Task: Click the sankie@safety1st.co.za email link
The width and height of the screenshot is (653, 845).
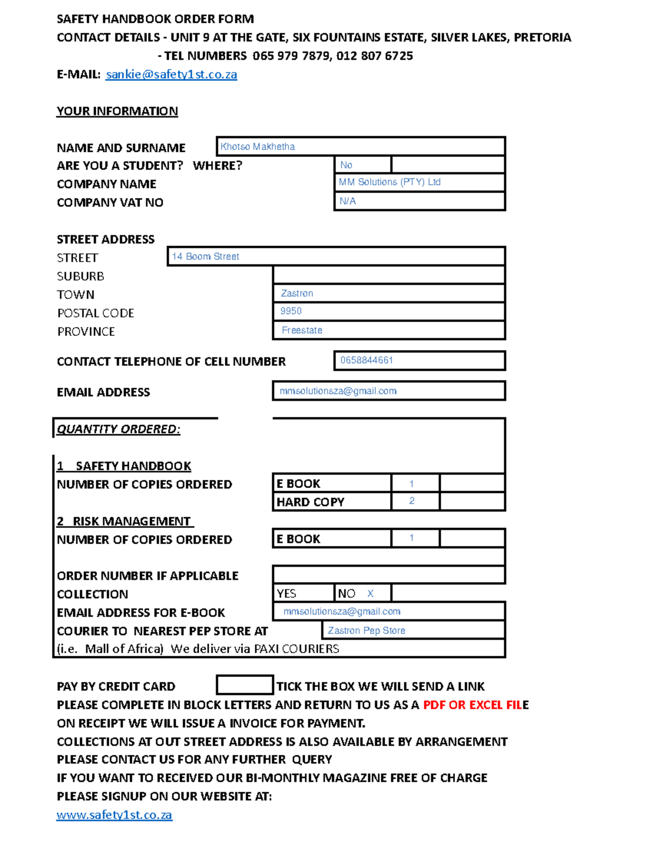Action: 171,75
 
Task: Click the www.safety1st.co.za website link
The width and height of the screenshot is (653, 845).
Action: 114,815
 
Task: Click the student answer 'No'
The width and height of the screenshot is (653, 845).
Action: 346,165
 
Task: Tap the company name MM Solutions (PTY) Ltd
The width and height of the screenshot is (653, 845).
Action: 389,182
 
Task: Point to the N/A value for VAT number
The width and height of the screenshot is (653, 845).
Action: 348,201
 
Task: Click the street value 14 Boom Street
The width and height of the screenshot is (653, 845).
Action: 206,256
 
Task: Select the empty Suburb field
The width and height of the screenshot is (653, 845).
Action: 389,275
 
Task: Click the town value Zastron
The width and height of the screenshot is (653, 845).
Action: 297,293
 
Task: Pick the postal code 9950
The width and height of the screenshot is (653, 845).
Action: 291,311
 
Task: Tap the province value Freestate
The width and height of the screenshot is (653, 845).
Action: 302,330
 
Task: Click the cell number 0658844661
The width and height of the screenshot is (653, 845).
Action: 366,360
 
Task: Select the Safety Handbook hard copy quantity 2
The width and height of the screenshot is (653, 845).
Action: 412,501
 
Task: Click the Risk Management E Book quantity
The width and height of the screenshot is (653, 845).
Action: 412,538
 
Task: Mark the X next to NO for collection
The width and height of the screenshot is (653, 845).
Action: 371,594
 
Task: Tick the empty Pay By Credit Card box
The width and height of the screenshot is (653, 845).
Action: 244,685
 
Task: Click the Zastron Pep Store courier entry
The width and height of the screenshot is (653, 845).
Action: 366,631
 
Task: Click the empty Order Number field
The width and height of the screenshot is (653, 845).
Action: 389,575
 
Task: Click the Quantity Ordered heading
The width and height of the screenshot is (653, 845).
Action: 118,429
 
